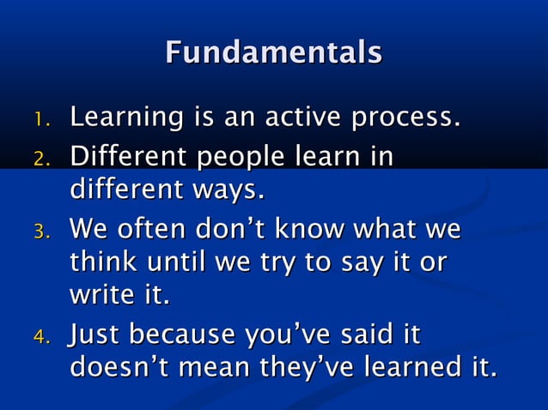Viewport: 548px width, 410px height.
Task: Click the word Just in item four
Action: pyautogui.click(x=95, y=333)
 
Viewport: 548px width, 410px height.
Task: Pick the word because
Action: pyautogui.click(x=185, y=333)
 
